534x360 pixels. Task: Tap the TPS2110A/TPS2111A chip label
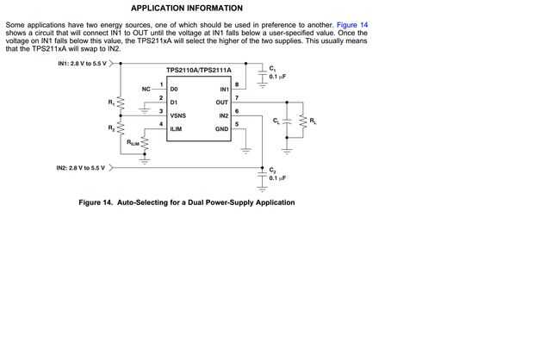198,68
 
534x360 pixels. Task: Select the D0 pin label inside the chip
174,90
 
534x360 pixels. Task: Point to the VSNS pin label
177,115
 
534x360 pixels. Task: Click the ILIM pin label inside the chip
176,128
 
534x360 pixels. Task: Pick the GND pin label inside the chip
221,128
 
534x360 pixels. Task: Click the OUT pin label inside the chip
222,102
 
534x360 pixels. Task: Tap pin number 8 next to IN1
236,84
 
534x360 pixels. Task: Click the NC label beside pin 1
146,89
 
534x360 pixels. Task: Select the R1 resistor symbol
121,104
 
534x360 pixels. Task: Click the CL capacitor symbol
286,122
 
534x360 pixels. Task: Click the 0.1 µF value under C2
277,177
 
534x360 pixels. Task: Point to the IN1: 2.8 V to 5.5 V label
81,64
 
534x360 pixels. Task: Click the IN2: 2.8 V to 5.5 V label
81,167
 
